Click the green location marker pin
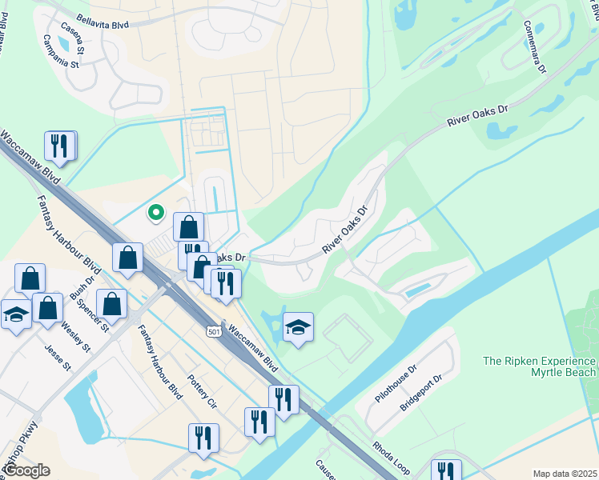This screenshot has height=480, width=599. [x=156, y=212]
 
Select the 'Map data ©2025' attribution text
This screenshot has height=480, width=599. [x=565, y=474]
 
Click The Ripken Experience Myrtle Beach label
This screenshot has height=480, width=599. [x=540, y=367]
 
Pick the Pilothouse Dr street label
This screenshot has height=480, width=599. [x=396, y=385]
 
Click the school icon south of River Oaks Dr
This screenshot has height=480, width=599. [x=298, y=326]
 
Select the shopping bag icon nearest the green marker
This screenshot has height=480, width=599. [x=188, y=226]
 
